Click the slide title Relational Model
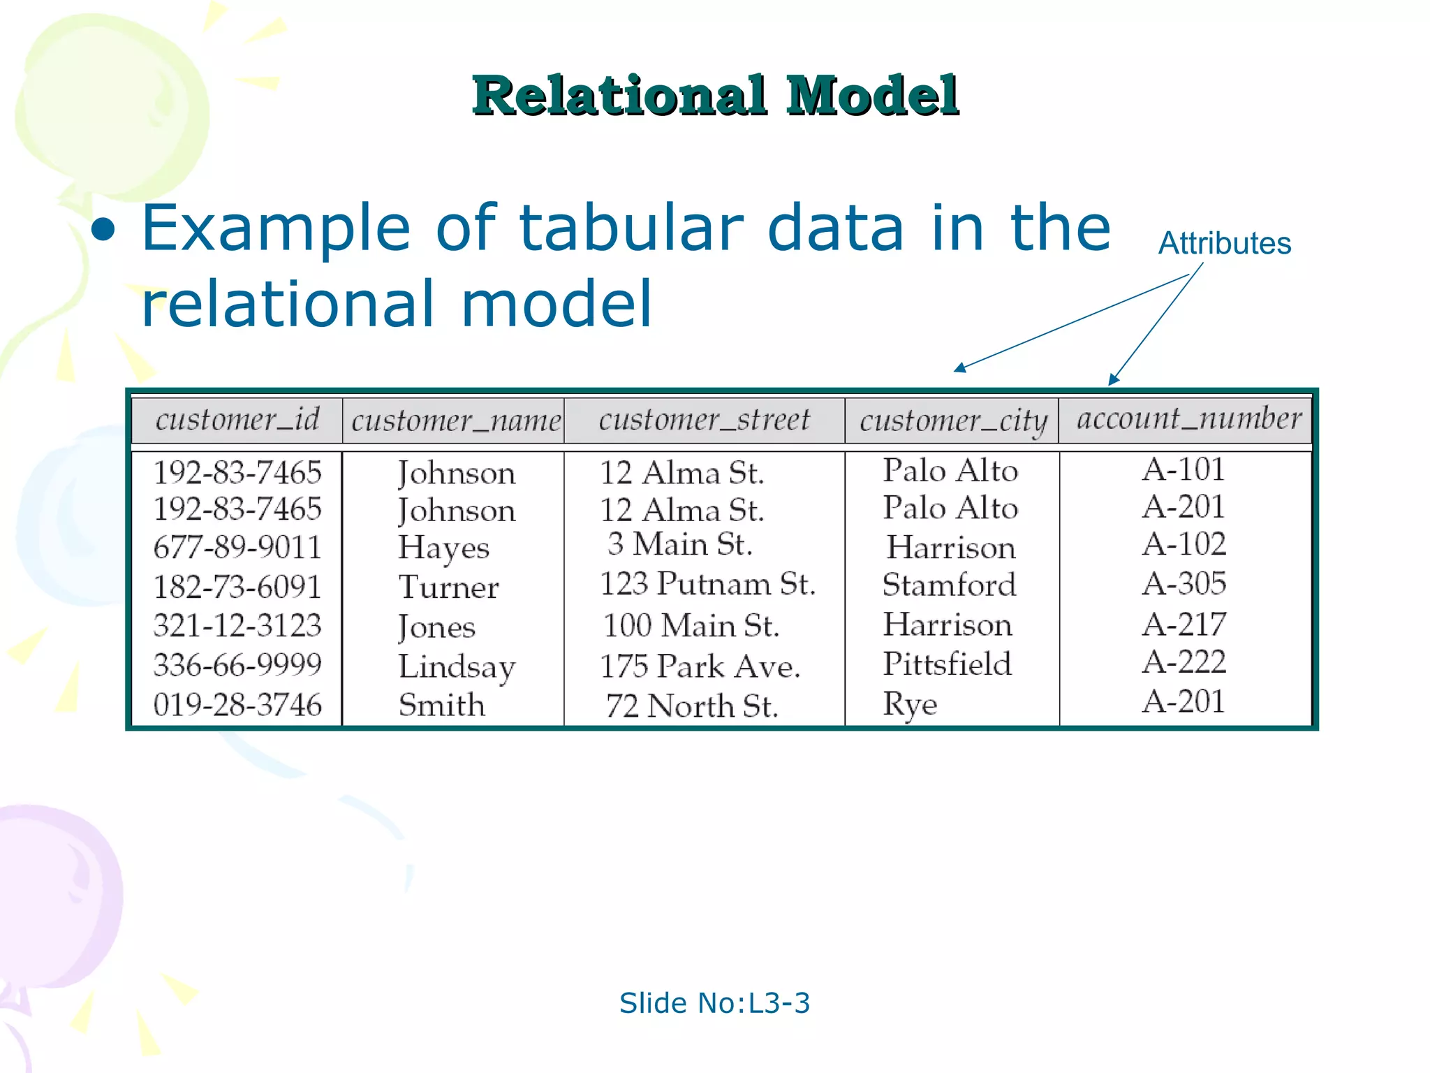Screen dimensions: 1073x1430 715,96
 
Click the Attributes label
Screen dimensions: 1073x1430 1225,244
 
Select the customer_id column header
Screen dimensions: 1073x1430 237,420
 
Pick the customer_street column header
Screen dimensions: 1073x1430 704,420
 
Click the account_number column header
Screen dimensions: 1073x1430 1188,419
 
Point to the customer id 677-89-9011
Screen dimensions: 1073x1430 237,547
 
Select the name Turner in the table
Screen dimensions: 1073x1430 448,587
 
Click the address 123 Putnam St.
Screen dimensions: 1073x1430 707,584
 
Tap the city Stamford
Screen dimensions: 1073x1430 949,585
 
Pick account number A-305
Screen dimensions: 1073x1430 1184,584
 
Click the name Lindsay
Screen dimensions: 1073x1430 457,667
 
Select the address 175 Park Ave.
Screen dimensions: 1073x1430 700,666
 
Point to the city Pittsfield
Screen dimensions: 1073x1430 947,664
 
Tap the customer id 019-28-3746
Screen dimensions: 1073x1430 237,705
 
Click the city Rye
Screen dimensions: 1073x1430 910,704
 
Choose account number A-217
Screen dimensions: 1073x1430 1184,625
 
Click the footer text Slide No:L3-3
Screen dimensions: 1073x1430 714,1003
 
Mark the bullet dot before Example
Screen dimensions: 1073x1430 103,230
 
